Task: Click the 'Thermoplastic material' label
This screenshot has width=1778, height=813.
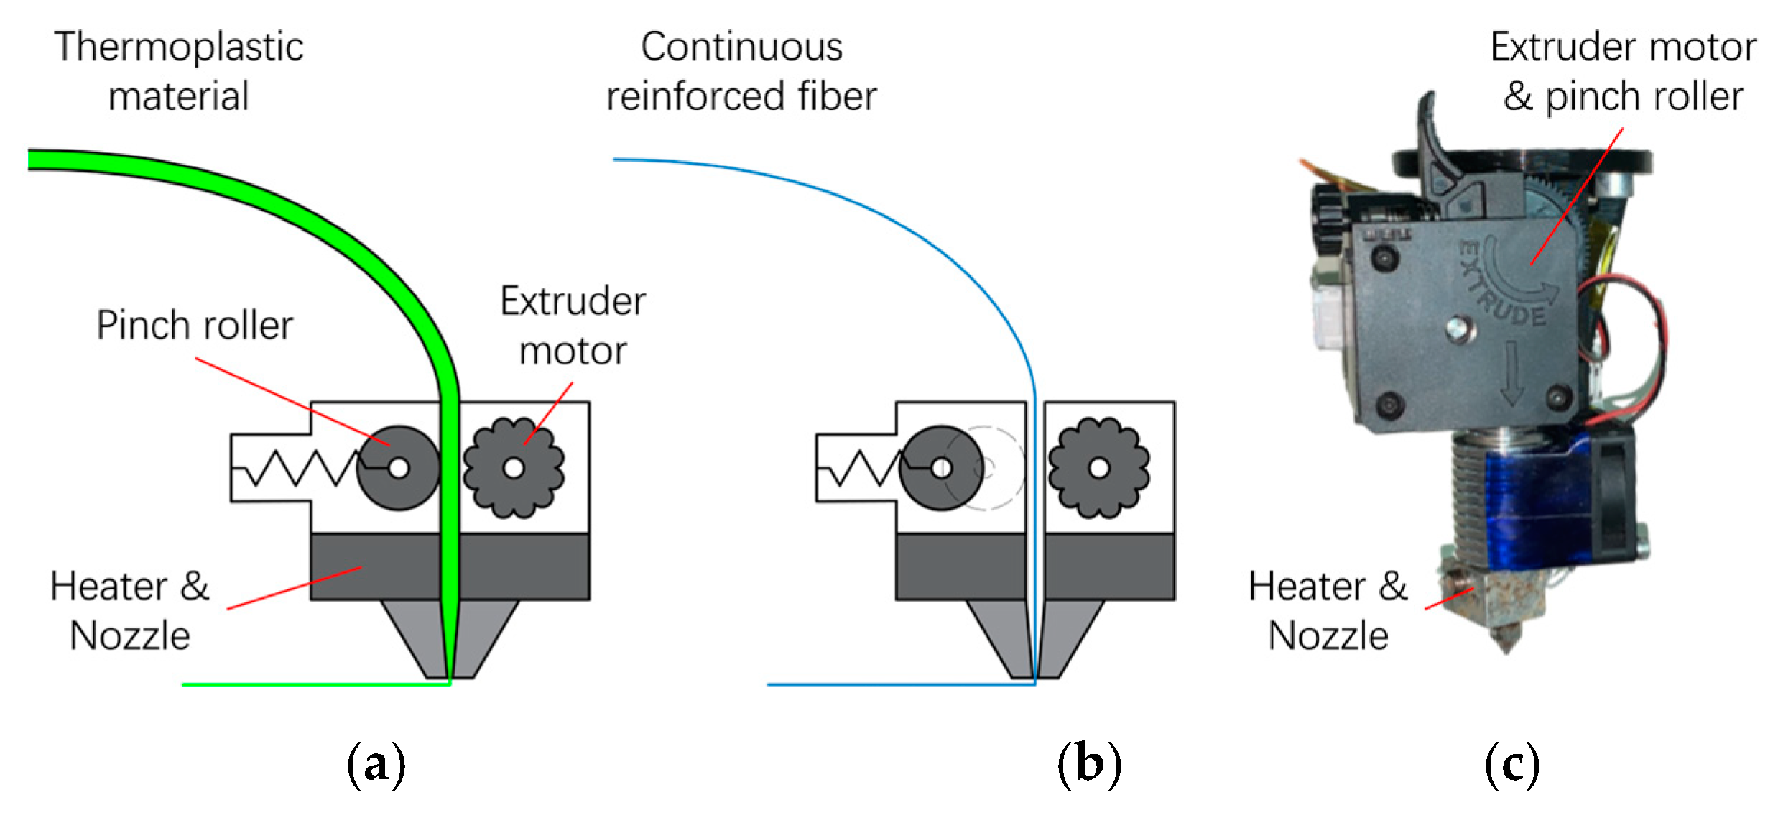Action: (x=178, y=71)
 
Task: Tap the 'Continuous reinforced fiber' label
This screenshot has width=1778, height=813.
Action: (x=741, y=71)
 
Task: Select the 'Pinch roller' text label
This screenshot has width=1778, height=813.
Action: (x=195, y=325)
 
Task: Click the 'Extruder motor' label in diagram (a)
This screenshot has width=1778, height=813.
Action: (x=573, y=326)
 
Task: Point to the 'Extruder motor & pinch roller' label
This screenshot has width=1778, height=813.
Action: (x=1623, y=71)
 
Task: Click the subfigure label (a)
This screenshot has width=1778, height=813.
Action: (x=376, y=765)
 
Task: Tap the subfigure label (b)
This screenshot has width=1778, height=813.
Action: (x=1089, y=765)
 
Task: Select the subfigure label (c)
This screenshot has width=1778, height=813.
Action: (x=1511, y=765)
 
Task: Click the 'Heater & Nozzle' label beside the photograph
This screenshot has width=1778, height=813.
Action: (x=1328, y=610)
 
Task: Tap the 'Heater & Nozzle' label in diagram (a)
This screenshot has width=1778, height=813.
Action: (x=130, y=610)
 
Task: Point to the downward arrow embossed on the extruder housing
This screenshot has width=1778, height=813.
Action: (x=1511, y=374)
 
